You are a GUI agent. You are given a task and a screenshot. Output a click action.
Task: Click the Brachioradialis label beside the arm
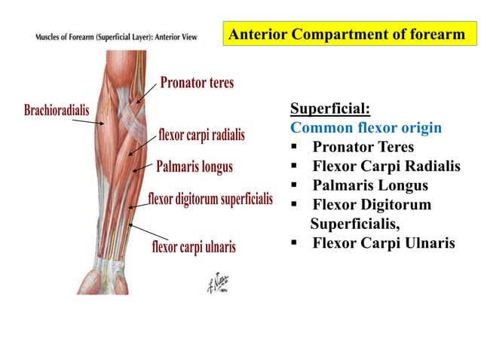coord(57,111)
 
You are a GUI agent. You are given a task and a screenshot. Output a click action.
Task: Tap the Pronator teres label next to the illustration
coord(196,83)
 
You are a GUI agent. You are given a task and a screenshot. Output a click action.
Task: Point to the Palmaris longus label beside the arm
coord(194,166)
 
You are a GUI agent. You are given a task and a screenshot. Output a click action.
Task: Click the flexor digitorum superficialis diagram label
coord(210,200)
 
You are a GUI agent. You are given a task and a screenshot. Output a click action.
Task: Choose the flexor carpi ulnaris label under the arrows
coord(194,246)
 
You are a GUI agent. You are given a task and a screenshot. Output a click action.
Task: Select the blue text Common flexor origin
coord(366,127)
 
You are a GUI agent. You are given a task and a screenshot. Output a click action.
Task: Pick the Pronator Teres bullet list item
coord(363,147)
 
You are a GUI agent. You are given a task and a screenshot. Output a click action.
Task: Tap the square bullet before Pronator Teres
coord(295,147)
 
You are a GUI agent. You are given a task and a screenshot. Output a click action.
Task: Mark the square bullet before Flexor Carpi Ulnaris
coord(295,243)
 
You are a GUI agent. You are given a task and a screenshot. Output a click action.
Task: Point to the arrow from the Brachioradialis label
coord(100,120)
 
